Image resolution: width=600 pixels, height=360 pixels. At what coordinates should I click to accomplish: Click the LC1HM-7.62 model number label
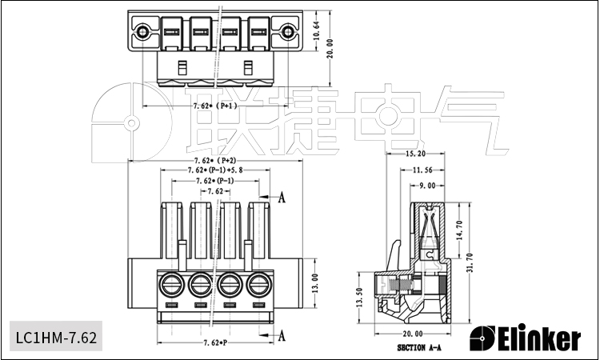(56, 338)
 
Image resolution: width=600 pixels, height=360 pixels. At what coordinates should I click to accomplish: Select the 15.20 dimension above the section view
(415, 153)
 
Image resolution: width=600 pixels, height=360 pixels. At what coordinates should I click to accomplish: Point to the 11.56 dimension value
(422, 170)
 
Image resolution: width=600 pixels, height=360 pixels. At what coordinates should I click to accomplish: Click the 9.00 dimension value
(427, 186)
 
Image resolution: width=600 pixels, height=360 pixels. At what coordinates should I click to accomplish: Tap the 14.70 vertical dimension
(460, 230)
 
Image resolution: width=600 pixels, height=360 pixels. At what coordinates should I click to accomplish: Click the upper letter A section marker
(281, 198)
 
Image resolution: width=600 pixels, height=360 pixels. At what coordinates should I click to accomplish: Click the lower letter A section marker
(281, 336)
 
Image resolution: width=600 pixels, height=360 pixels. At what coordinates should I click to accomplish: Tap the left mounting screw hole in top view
(142, 33)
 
